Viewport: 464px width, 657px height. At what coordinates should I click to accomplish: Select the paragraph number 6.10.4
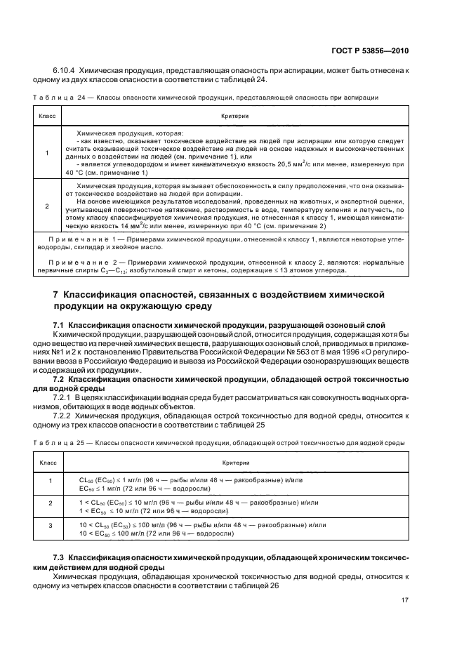click(65, 70)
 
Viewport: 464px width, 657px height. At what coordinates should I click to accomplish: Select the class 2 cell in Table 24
click(47, 206)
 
